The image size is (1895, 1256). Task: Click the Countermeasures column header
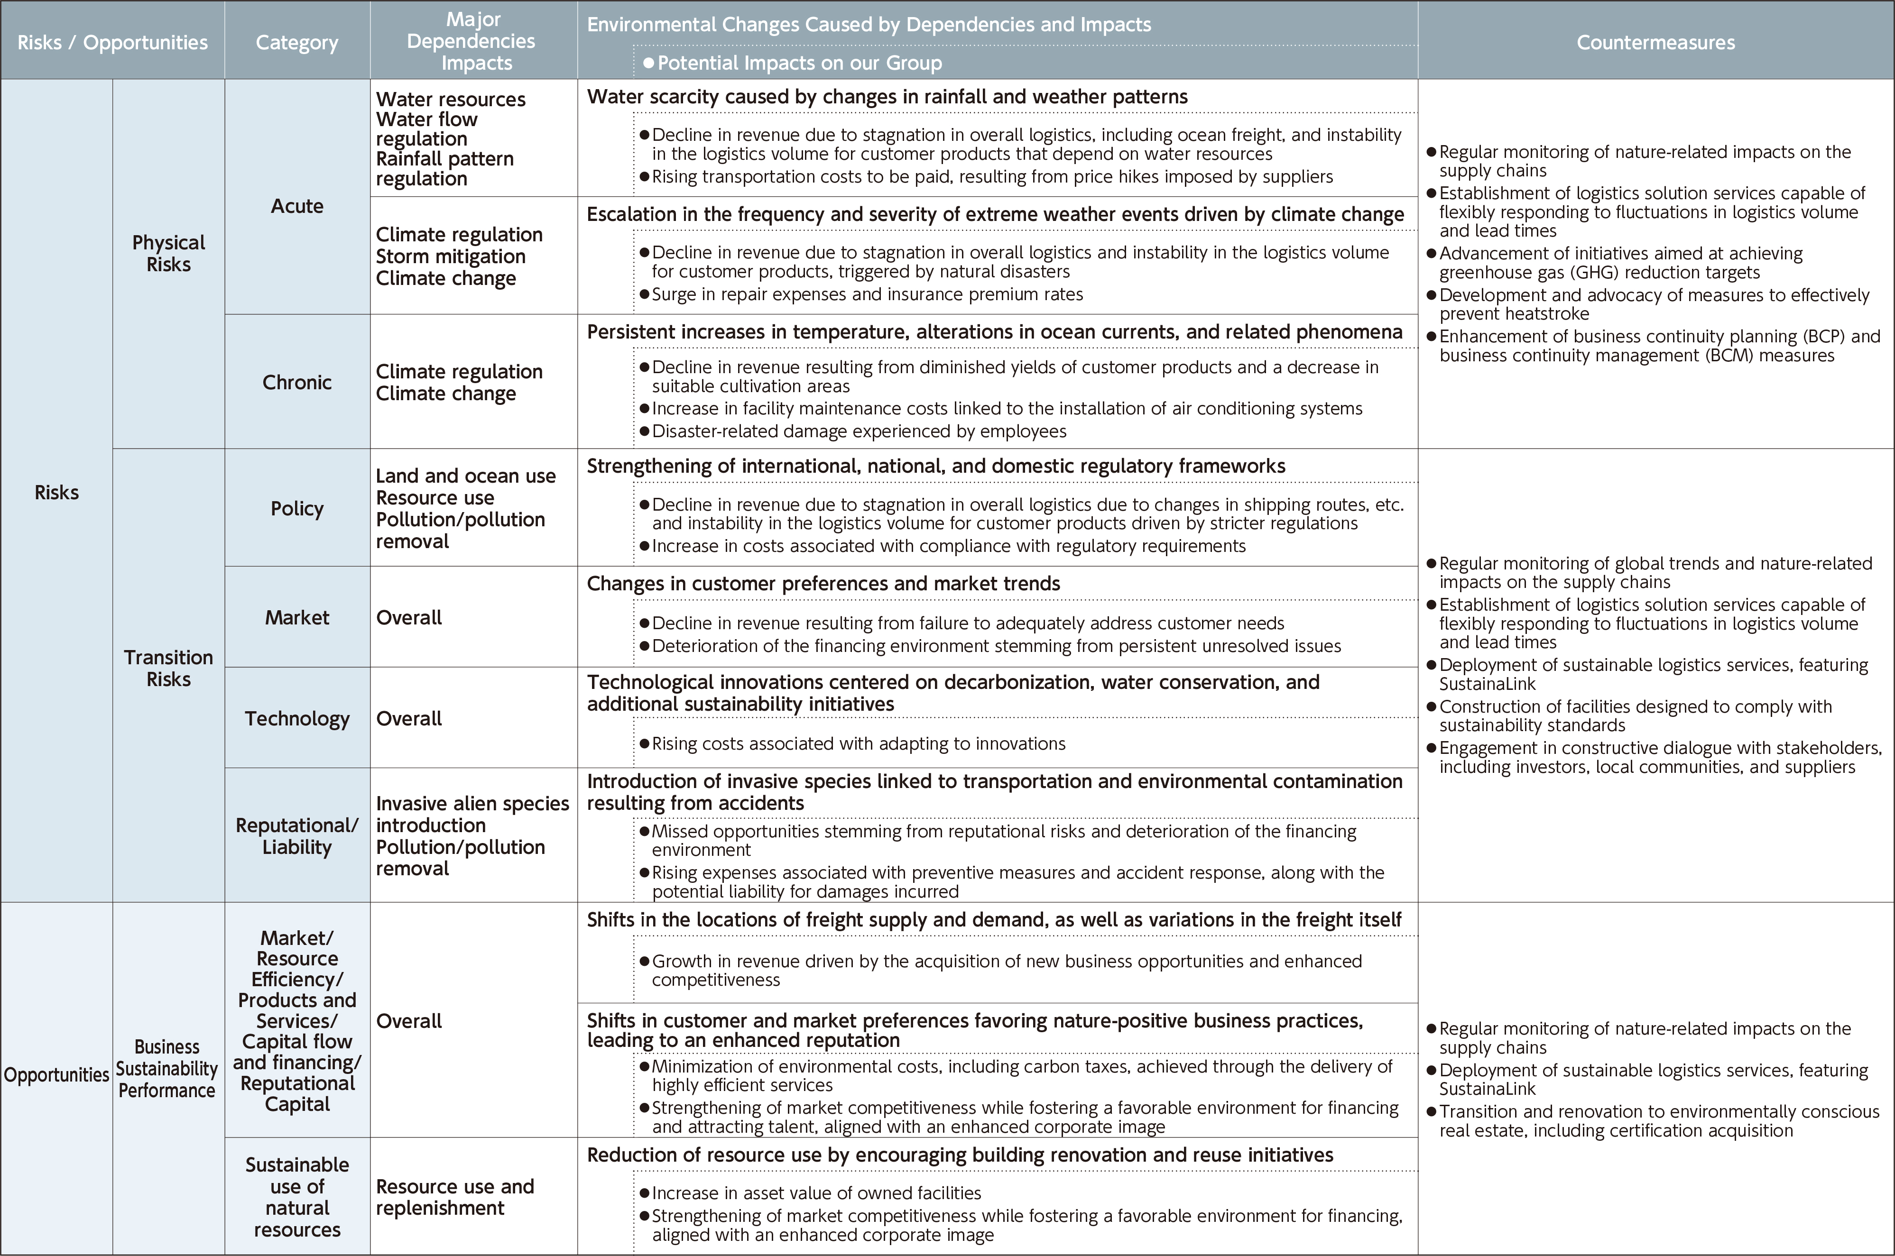tap(1655, 43)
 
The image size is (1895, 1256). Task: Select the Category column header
tap(296, 43)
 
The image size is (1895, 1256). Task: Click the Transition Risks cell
tap(168, 668)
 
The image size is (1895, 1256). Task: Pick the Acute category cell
tap(296, 206)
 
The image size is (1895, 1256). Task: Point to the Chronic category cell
tap(296, 382)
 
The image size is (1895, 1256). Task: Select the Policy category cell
tap(296, 509)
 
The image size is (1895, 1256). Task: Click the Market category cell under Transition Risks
tap(296, 618)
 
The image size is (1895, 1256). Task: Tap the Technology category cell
tap(296, 718)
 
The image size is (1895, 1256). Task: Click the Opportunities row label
tap(56, 1075)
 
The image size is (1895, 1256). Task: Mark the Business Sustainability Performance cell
tap(166, 1069)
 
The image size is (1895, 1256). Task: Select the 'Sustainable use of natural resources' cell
tap(296, 1197)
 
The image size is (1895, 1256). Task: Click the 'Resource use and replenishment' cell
tap(454, 1197)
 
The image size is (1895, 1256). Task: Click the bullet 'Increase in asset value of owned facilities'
tap(816, 1193)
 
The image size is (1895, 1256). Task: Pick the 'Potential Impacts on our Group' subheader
tap(799, 63)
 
